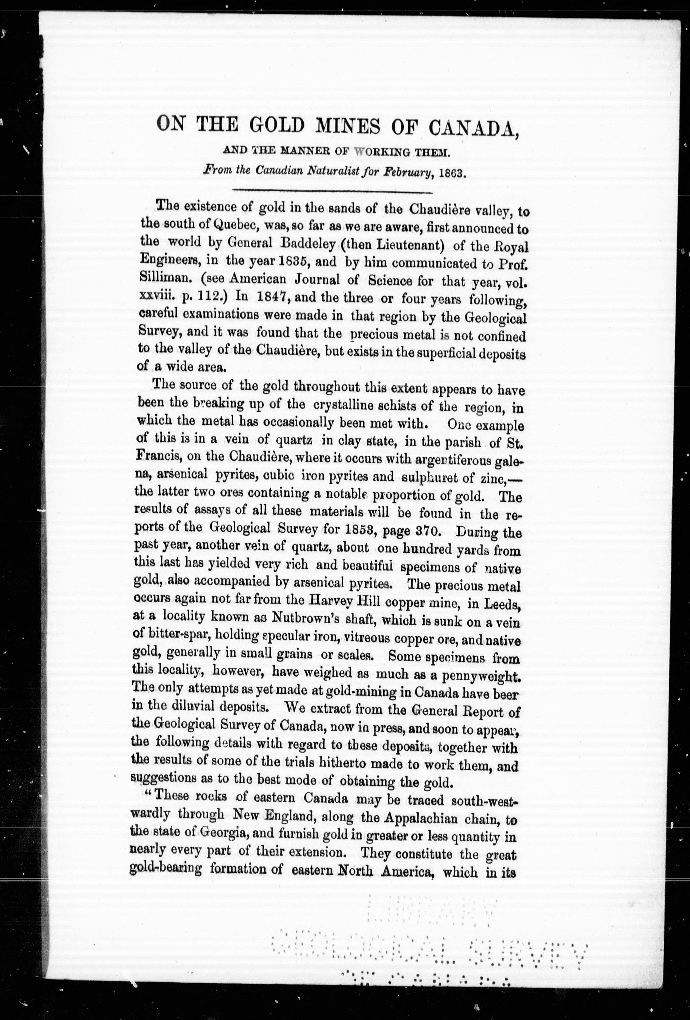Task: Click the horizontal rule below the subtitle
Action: (x=332, y=191)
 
